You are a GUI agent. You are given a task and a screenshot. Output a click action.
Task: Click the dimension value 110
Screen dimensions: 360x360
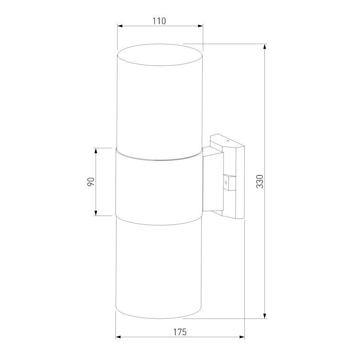point(159,21)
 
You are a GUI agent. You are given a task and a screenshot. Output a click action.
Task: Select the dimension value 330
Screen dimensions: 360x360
point(260,181)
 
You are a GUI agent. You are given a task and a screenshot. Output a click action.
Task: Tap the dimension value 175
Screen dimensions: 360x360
point(180,332)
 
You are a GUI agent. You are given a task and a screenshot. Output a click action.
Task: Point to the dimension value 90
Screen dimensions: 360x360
point(91,182)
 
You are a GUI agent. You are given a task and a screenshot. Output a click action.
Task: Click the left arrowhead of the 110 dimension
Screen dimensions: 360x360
point(120,26)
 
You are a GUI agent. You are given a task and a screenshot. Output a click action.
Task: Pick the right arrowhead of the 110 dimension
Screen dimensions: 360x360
point(200,26)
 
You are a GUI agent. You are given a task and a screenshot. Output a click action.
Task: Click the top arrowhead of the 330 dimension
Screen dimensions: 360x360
point(265,47)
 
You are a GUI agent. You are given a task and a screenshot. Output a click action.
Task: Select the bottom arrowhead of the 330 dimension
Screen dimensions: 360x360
point(265,315)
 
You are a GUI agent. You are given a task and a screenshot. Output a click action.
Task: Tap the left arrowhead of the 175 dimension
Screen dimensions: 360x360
point(119,337)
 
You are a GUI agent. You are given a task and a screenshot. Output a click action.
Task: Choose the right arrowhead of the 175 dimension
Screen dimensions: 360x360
point(241,337)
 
